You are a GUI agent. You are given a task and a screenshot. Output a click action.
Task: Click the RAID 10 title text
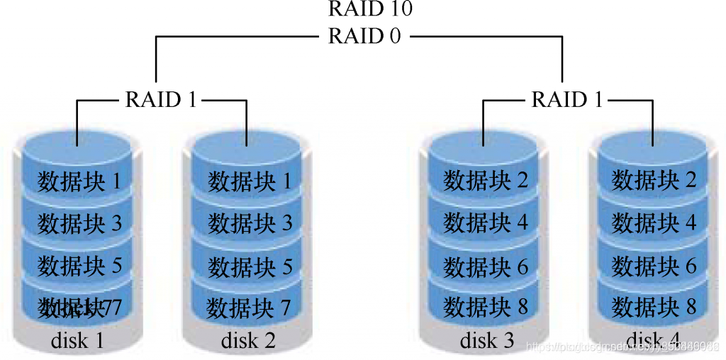(x=370, y=9)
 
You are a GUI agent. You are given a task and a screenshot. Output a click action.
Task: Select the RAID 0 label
(x=364, y=35)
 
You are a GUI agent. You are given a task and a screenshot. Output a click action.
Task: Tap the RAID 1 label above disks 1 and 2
(x=161, y=99)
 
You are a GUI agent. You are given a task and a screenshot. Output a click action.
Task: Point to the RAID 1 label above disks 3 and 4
(x=567, y=99)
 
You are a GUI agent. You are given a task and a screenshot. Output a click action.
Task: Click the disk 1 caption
(x=78, y=340)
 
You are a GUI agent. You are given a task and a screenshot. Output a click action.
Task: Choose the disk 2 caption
(x=248, y=340)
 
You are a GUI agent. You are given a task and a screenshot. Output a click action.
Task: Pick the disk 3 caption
(x=487, y=340)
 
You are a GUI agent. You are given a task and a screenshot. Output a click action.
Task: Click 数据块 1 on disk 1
(x=79, y=181)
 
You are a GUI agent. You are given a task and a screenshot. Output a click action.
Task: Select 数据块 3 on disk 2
(x=250, y=224)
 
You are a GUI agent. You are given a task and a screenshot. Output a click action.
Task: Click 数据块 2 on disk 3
(x=486, y=181)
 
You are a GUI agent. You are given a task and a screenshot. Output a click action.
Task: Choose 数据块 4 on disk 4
(x=654, y=224)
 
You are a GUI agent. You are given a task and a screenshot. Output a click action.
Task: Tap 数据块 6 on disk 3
(x=486, y=266)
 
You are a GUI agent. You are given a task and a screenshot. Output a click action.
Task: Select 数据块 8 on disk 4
(x=654, y=308)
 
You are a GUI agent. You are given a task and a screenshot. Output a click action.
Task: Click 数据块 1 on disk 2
(x=250, y=181)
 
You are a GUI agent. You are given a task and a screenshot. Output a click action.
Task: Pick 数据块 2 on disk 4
(x=654, y=181)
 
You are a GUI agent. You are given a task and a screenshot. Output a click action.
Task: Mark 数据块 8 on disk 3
(x=486, y=308)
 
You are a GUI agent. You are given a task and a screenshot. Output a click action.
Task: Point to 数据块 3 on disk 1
(x=79, y=223)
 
